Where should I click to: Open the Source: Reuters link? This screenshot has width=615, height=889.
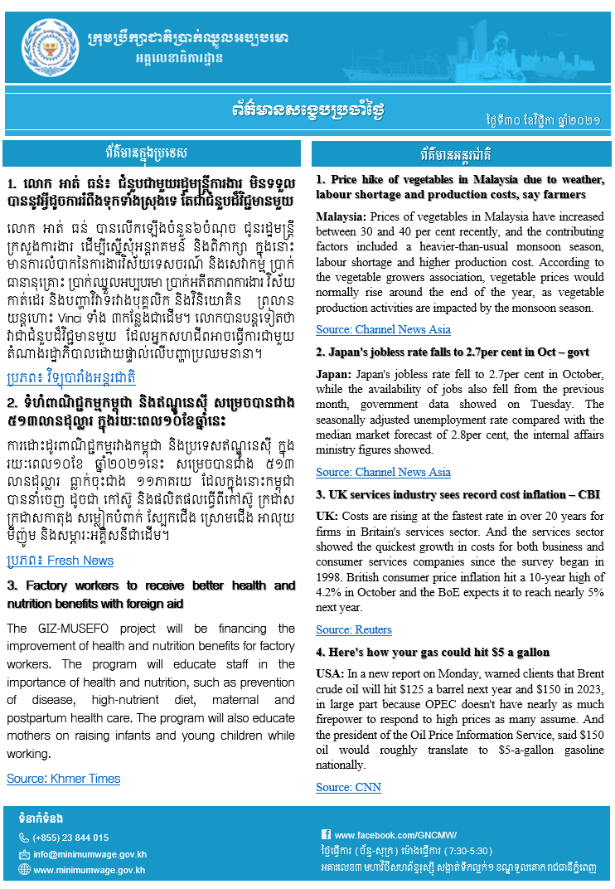tap(354, 629)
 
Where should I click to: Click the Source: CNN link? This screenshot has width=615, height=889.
tap(348, 787)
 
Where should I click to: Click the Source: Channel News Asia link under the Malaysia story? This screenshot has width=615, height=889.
tap(383, 329)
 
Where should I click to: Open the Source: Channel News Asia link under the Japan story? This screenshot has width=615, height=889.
tap(383, 472)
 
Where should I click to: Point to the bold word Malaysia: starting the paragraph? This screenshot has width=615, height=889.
tap(343, 216)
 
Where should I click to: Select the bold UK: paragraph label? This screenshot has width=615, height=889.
tap(327, 516)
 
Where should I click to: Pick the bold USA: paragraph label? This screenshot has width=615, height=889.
tap(330, 673)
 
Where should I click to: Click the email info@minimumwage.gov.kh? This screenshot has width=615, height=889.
tap(90, 854)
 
